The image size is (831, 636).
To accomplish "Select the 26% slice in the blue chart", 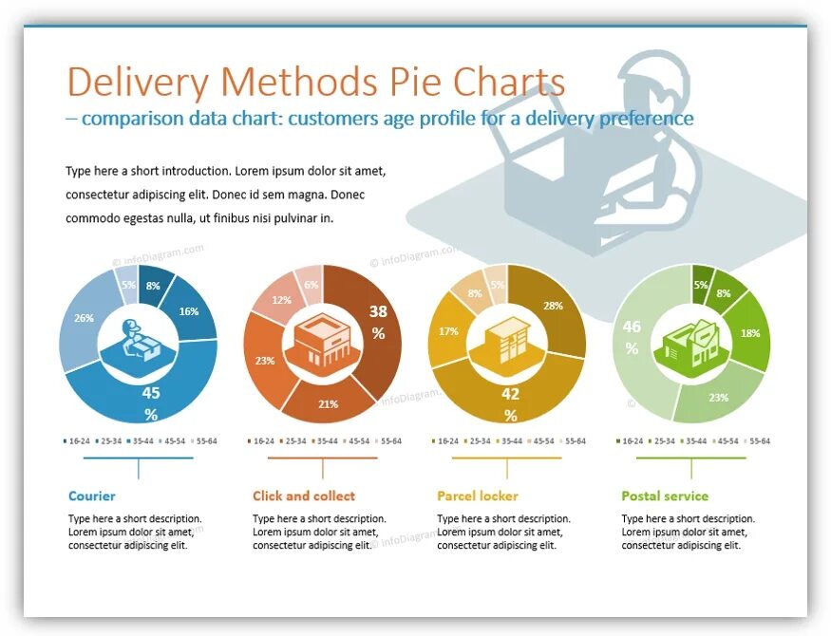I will pyautogui.click(x=84, y=318).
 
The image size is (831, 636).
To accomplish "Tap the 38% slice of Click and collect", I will pyautogui.click(x=378, y=323).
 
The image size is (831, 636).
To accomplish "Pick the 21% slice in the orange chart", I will pyautogui.click(x=328, y=403).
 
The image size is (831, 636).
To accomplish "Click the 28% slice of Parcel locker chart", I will pyautogui.click(x=554, y=306).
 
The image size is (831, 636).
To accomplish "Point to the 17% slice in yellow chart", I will pyautogui.click(x=448, y=331).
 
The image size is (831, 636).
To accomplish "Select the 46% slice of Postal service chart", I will pyautogui.click(x=633, y=337).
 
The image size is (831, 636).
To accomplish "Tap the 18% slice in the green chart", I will pyautogui.click(x=750, y=333).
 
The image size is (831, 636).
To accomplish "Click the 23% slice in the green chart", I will pyautogui.click(x=718, y=398).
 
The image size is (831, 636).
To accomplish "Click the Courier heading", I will pyautogui.click(x=92, y=496).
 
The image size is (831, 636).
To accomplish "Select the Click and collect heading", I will pyautogui.click(x=304, y=496).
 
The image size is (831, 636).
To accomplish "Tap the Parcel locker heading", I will pyautogui.click(x=478, y=496).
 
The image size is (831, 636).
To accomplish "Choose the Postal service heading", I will pyautogui.click(x=665, y=496).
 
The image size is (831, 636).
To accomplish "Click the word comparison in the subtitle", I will pyautogui.click(x=125, y=119).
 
